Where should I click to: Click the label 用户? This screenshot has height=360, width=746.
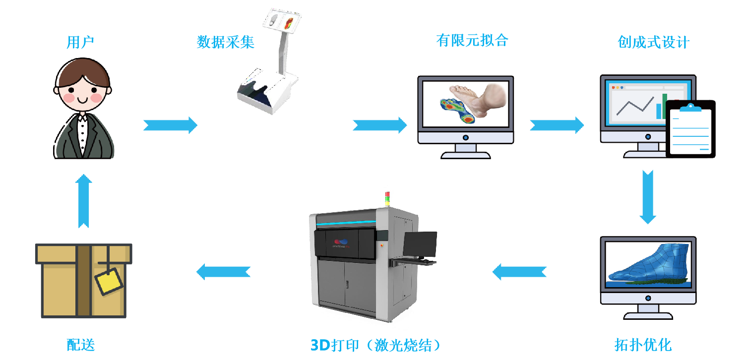(x=80, y=43)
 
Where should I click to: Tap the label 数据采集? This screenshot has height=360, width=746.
(x=226, y=43)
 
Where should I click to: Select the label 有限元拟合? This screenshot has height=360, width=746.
(x=472, y=40)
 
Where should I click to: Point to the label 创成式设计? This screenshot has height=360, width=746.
(x=653, y=43)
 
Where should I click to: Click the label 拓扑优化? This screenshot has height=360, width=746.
(x=643, y=344)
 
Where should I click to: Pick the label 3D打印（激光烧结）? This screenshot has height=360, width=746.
(x=375, y=345)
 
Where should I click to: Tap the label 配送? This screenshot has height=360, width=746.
(x=81, y=345)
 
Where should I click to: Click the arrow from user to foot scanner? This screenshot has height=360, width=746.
(x=170, y=124)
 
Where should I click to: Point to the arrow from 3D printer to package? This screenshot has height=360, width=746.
(x=223, y=272)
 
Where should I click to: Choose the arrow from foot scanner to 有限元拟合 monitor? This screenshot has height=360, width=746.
(x=379, y=124)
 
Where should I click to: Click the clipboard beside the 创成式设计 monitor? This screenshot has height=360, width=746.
(x=690, y=127)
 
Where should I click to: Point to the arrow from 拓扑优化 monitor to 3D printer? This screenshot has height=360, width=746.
(x=519, y=272)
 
